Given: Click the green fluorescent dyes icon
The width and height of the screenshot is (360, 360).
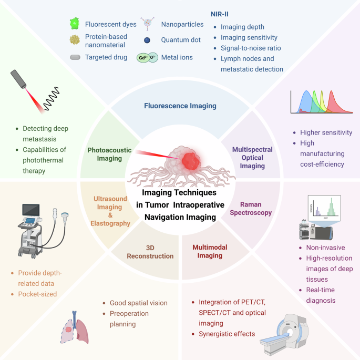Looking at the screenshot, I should click(75, 23).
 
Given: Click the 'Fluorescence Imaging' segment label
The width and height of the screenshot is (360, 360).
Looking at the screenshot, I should click(180, 106).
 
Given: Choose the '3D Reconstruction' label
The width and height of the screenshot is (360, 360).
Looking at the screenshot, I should click(150, 252).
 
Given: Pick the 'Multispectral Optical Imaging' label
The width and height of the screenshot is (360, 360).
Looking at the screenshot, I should click(252, 158).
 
